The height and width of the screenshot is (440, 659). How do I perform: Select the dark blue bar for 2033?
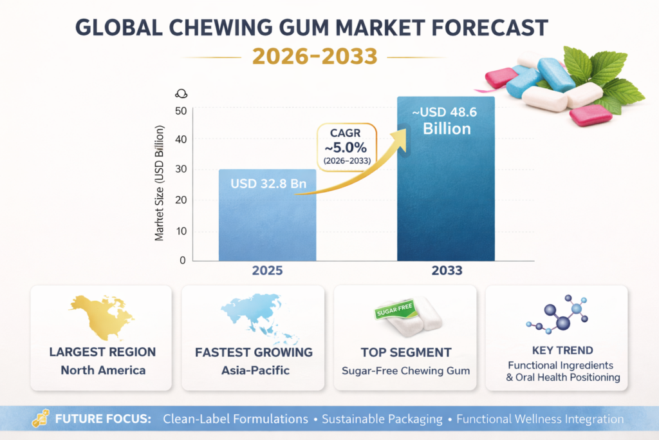tap(445, 193)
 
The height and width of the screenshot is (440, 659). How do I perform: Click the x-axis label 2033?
tap(446, 271)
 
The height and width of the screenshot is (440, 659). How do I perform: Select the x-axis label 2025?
tap(267, 271)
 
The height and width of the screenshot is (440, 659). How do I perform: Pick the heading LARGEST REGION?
tap(102, 352)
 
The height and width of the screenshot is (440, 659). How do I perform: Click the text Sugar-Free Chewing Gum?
tap(405, 370)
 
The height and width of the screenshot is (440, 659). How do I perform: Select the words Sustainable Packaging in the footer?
tap(382, 419)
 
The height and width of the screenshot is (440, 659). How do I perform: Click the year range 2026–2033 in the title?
tap(314, 56)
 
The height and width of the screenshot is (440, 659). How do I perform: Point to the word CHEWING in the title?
tap(250, 27)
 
